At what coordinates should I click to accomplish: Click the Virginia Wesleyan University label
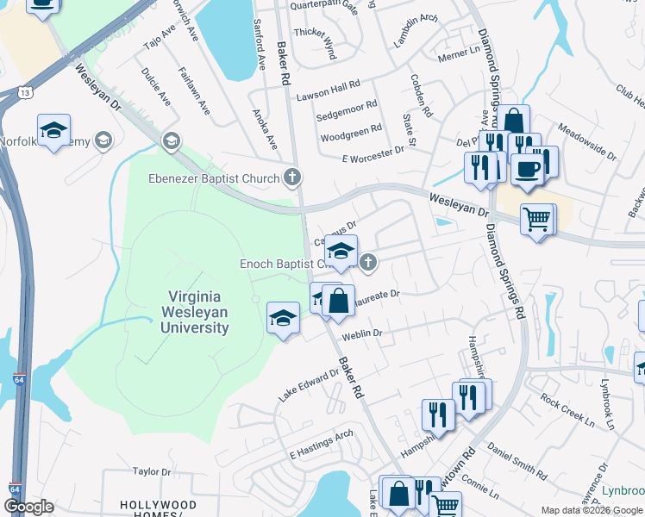pyautogui.click(x=194, y=312)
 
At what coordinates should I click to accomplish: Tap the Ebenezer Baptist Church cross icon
pyautogui.click(x=293, y=178)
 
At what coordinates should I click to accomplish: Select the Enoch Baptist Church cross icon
pyautogui.click(x=368, y=263)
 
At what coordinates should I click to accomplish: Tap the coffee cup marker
pyautogui.click(x=526, y=168)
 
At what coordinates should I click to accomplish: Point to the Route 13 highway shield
pyautogui.click(x=26, y=92)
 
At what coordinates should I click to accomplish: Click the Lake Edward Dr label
pyautogui.click(x=309, y=385)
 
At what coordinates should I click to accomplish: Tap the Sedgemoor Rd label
pyautogui.click(x=347, y=109)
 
